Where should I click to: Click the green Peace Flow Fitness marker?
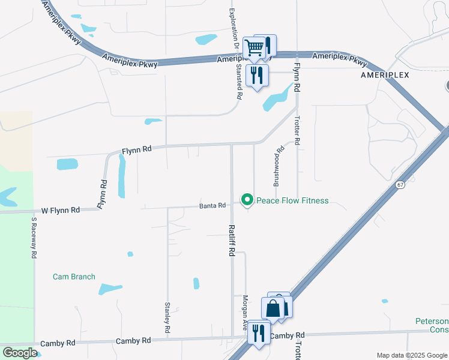tap(246, 200)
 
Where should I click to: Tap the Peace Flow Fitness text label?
tap(292, 201)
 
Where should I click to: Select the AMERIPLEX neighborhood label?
tap(385, 75)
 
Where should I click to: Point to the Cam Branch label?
tap(74, 277)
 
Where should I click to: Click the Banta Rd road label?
tap(212, 206)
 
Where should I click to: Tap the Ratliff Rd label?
tap(231, 241)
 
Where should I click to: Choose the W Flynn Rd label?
tap(61, 211)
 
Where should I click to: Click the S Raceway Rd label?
tap(34, 238)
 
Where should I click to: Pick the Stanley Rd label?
tap(167, 318)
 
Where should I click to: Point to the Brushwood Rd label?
tap(278, 165)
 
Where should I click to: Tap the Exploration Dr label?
tap(231, 30)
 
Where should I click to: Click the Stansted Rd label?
tap(239, 81)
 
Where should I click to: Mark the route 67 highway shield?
tap(400, 185)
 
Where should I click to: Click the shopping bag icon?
tap(273, 308)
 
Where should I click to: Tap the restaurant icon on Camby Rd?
tap(259, 332)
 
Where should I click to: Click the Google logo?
tap(20, 353)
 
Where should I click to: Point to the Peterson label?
tap(432, 322)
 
